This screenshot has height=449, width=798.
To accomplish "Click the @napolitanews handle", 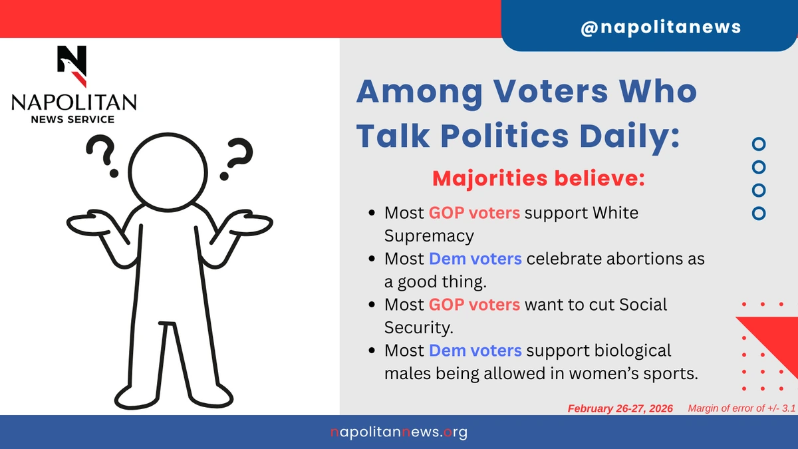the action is tap(661, 27).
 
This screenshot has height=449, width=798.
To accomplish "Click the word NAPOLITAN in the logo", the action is tap(74, 102).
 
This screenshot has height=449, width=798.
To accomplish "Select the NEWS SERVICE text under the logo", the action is tap(72, 119).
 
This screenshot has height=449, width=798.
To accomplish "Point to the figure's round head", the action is tap(168, 172).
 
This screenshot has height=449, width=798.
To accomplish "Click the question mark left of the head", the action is tap(102, 156).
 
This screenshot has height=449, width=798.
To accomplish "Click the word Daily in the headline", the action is tap(630, 136).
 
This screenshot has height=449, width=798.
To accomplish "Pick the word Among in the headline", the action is tap(420, 92).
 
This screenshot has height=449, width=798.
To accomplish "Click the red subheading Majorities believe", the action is tap(538, 178).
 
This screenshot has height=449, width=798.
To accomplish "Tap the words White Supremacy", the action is tap(511, 224).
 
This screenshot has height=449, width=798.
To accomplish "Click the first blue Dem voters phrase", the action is tap(475, 259).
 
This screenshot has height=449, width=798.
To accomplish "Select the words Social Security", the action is tap(526, 316).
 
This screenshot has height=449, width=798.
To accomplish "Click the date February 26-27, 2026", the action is tap(620, 408).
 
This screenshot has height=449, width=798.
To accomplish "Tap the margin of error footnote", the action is tap(741, 408).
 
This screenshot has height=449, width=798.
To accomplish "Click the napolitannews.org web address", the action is tap(399, 432).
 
